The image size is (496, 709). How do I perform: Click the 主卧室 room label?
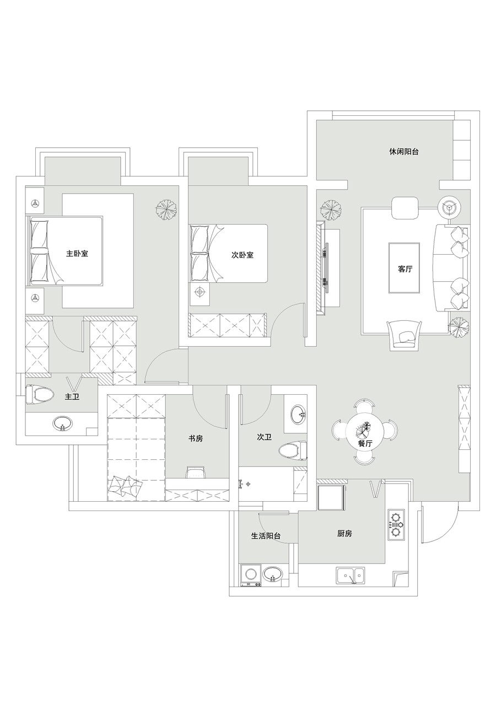pyautogui.click(x=77, y=254)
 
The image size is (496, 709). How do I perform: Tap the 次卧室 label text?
pyautogui.click(x=242, y=255)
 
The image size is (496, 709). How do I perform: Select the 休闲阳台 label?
pyautogui.click(x=403, y=152)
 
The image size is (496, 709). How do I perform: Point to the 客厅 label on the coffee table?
pyautogui.click(x=405, y=269)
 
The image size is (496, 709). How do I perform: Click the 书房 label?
pyautogui.click(x=196, y=438)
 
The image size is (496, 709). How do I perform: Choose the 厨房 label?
pyautogui.click(x=344, y=534)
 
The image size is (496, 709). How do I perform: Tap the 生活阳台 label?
pyautogui.click(x=266, y=536)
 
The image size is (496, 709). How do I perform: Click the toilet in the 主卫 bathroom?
pyautogui.click(x=36, y=395)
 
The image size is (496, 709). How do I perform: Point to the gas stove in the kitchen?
pyautogui.click(x=397, y=525)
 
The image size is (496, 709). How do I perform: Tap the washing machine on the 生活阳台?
pyautogui.click(x=251, y=575)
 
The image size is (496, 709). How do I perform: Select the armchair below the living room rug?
pyautogui.click(x=405, y=335)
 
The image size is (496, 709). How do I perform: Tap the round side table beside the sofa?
pyautogui.click(x=449, y=207)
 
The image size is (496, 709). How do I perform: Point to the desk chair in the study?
pyautogui.click(x=196, y=472)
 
